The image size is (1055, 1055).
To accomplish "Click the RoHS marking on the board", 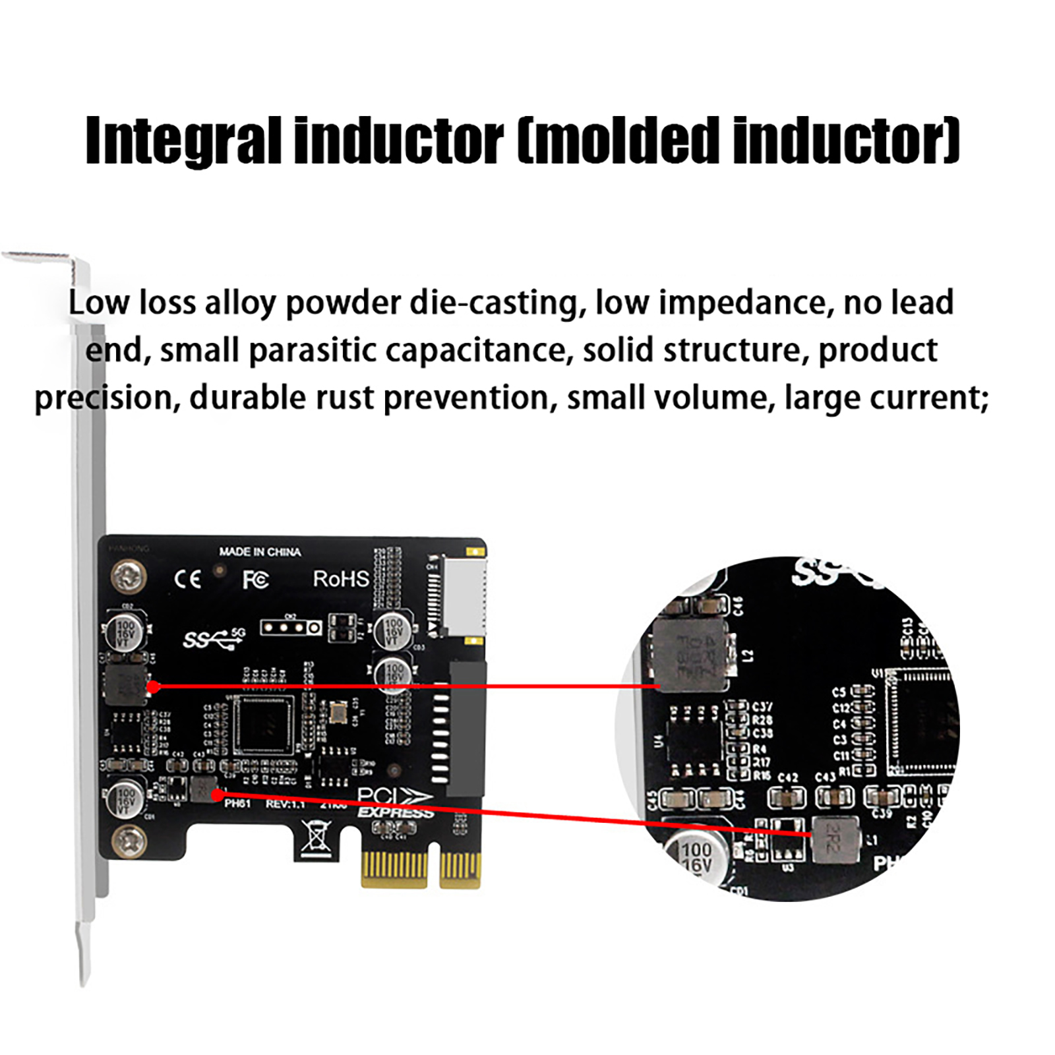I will (x=340, y=579).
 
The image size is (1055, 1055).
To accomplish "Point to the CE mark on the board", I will (x=187, y=580).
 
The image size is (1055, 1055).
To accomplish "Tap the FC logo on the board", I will (x=255, y=580).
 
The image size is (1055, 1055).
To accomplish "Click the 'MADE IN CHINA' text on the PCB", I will (x=260, y=552).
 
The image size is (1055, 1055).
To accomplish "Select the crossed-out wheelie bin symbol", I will (x=316, y=838).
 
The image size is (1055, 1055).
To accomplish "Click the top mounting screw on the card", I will (x=128, y=577).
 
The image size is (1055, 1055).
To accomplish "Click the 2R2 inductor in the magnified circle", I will (x=835, y=839).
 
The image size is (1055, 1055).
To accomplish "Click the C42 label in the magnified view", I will (x=787, y=777).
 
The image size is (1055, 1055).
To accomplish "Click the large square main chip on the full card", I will (x=264, y=725).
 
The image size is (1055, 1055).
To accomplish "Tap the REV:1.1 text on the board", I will (x=285, y=804).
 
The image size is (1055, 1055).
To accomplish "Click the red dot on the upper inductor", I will (x=154, y=687).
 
